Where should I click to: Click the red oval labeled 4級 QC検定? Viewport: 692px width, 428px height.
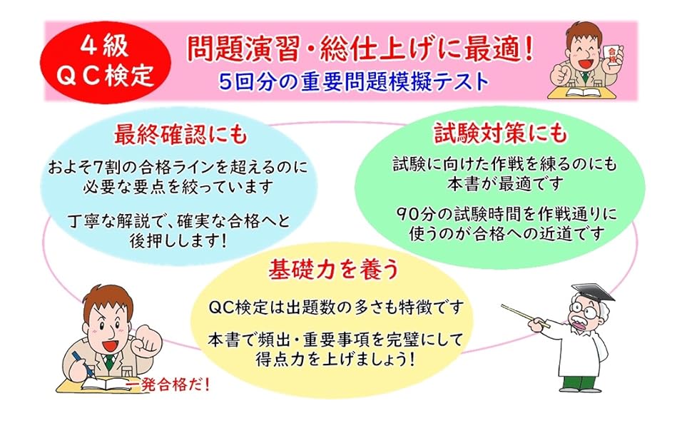point(105,63)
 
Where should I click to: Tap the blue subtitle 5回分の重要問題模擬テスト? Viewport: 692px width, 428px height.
point(354,81)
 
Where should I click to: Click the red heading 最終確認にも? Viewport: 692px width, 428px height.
point(180,133)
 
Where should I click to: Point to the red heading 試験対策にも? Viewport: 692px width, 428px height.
point(501,133)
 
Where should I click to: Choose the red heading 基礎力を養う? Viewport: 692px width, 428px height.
point(334,269)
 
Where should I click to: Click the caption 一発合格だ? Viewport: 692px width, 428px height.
point(168,385)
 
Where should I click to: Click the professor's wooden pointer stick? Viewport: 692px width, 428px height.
point(525,315)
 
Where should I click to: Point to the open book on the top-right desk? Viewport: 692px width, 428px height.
point(581,92)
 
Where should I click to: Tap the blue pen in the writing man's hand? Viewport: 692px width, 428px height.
point(81,362)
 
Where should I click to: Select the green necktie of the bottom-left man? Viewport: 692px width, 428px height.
point(109,362)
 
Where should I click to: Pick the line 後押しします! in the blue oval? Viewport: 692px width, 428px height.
point(178,240)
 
